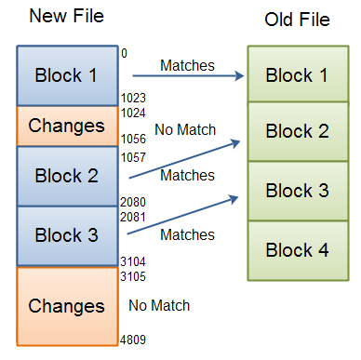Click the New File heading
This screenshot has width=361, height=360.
tap(66, 17)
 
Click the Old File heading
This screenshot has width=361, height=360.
tap(297, 20)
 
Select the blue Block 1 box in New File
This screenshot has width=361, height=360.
tap(67, 75)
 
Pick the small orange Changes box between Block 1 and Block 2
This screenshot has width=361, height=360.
tap(67, 126)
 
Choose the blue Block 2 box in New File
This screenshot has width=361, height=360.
tap(67, 176)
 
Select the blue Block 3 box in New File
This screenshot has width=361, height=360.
tap(67, 234)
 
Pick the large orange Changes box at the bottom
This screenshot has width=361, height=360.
tap(67, 305)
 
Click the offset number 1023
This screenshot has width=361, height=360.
tap(133, 96)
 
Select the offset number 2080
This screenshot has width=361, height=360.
tap(133, 201)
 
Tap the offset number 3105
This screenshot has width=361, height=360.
tap(133, 276)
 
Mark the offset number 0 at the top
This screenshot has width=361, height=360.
tap(125, 54)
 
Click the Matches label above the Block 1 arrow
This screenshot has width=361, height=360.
tap(187, 65)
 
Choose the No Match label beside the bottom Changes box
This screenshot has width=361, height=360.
tap(159, 305)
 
